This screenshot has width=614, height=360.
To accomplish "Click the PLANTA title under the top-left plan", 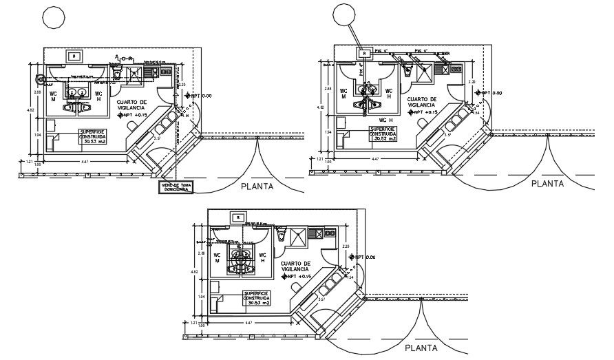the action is (257, 186).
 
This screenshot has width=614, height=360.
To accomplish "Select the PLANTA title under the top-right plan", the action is (547, 183).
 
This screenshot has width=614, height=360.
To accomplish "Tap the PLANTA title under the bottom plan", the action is (421, 348).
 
